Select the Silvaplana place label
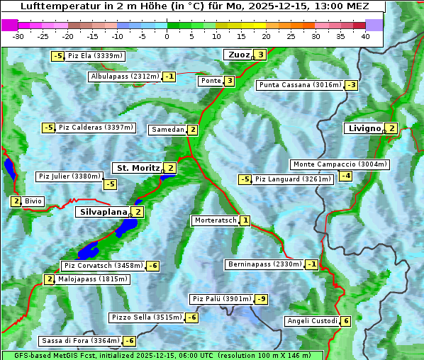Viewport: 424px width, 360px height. pos(104,212)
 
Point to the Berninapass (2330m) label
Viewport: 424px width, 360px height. pos(264,264)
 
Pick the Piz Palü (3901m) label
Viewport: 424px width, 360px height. pos(221,299)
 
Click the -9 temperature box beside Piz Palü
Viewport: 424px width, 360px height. pos(262,299)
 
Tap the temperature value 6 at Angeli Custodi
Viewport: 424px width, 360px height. pos(345,321)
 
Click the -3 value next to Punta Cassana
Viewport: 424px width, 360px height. pos(351,85)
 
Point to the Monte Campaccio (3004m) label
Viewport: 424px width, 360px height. pos(340,164)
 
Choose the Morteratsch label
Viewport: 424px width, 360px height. pos(215,220)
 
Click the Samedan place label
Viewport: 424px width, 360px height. pos(167,130)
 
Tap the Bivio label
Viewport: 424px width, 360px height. pos(33,201)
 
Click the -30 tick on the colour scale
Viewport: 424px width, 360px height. pos(19,35)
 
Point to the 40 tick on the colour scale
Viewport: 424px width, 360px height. pos(365,35)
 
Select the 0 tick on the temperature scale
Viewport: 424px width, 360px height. pos(167,35)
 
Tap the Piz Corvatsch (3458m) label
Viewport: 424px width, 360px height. pos(103,266)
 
